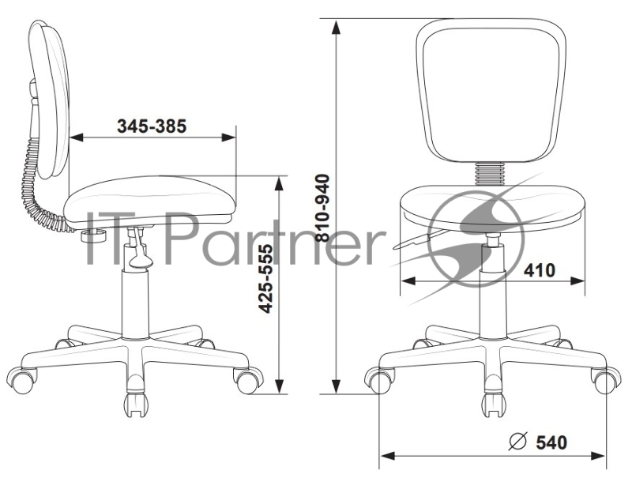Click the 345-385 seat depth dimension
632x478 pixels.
152,126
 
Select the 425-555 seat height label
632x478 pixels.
265,278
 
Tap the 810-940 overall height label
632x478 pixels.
322,208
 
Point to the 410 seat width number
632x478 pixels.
540,270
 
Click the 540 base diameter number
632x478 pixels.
551,442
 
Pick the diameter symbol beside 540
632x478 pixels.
518,442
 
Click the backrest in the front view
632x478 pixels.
491,91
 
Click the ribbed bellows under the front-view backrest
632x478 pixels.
490,174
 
